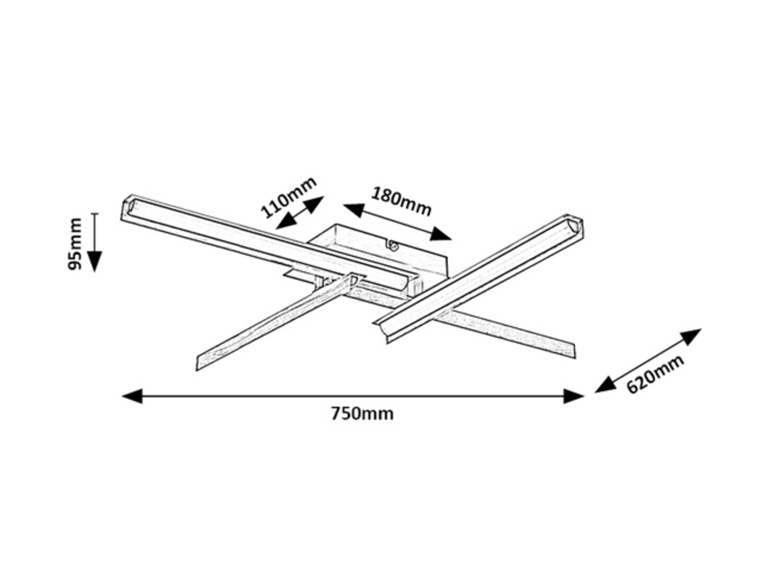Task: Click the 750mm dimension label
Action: (x=362, y=414)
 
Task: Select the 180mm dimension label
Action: (x=401, y=201)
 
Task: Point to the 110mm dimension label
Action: (x=288, y=198)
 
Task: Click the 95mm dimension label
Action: (x=74, y=243)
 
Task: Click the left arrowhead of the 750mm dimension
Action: (x=132, y=396)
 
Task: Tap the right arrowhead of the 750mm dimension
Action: (x=574, y=396)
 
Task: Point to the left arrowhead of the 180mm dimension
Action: (x=354, y=210)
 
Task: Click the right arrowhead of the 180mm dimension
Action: (x=441, y=234)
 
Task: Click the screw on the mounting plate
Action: (x=393, y=246)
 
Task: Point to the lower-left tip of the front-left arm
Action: (x=196, y=370)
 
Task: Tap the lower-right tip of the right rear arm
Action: (x=575, y=358)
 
